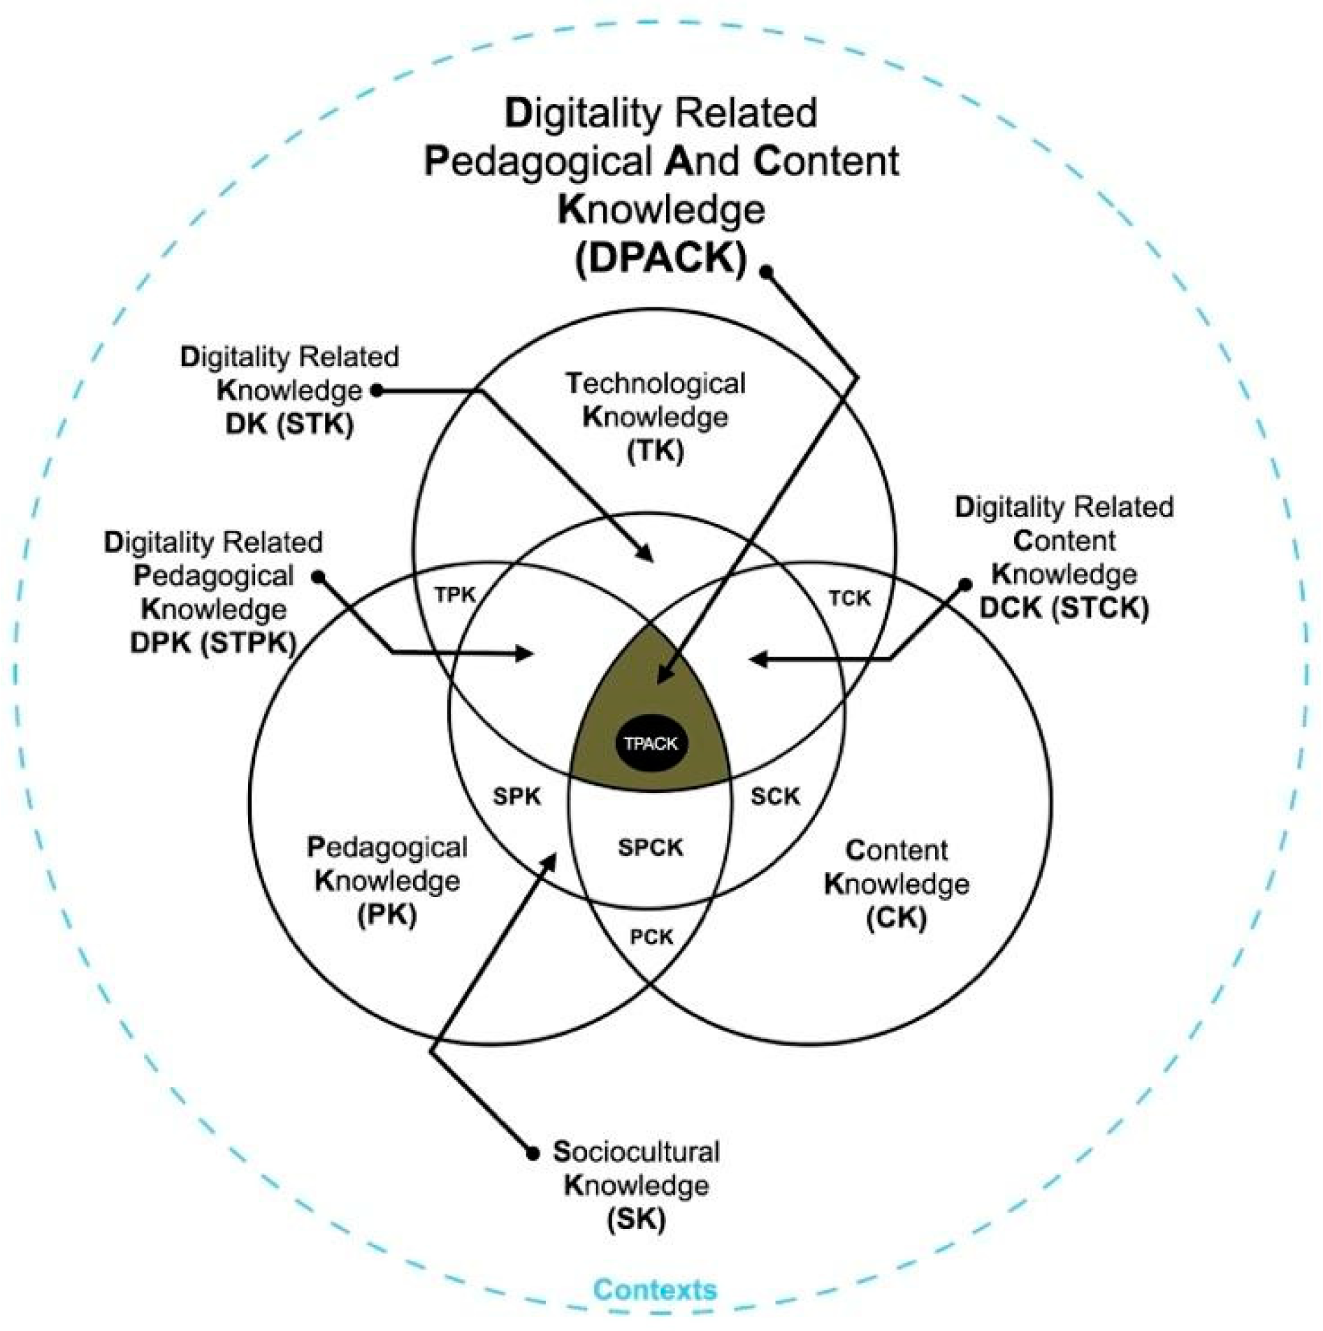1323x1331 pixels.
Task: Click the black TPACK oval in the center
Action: [651, 743]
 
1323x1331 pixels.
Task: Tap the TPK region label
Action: [455, 595]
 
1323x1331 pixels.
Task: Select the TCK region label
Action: [850, 598]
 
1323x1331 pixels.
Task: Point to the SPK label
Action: [516, 796]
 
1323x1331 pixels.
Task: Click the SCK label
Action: [775, 796]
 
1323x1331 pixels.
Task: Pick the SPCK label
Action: [651, 848]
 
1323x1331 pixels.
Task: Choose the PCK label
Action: [651, 937]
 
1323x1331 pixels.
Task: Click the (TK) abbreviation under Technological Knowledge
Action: [656, 451]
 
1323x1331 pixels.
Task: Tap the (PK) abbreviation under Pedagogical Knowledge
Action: [386, 915]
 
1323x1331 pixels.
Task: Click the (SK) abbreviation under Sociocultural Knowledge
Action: [636, 1219]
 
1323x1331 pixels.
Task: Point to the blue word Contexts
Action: [655, 1290]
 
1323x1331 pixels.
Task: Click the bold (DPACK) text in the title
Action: [661, 259]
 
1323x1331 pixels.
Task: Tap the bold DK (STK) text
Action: [289, 424]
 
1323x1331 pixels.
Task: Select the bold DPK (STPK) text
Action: [214, 643]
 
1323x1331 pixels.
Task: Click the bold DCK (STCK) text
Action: [1064, 608]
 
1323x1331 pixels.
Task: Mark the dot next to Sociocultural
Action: [533, 1153]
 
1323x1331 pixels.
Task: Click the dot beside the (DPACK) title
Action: [767, 272]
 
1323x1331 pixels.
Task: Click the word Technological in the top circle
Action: [656, 384]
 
